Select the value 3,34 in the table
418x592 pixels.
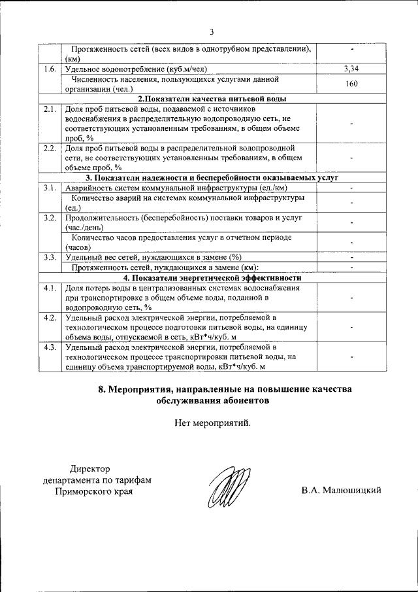coord(351,69)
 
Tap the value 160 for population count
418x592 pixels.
coord(351,84)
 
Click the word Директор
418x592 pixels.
coord(90,468)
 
